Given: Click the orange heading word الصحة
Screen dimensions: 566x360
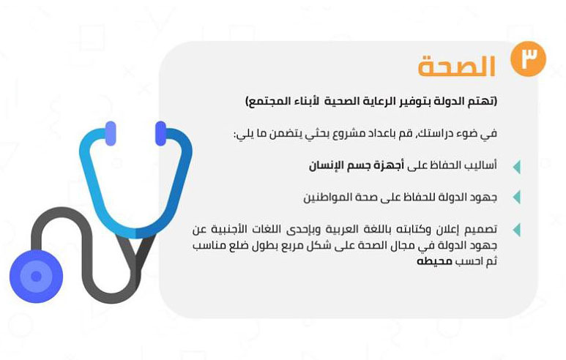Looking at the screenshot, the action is tap(456, 67).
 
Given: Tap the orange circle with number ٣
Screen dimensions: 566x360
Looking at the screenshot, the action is tap(528, 59).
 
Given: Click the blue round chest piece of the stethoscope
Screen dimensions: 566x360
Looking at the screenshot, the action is tap(36, 277).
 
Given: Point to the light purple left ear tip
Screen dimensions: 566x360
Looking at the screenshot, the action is tap(111, 133).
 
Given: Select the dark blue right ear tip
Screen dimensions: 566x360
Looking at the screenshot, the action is tap(160, 133).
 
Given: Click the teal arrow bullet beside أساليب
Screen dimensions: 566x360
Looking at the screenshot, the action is tap(516, 167).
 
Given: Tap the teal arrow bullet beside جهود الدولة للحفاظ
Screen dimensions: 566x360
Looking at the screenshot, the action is tap(516, 198).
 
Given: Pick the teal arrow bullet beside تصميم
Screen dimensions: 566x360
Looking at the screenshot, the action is tap(516, 230).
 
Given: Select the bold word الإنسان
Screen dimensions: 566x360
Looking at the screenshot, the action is tap(324, 165).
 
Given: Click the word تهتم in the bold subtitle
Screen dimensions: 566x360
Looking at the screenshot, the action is tap(484, 101).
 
